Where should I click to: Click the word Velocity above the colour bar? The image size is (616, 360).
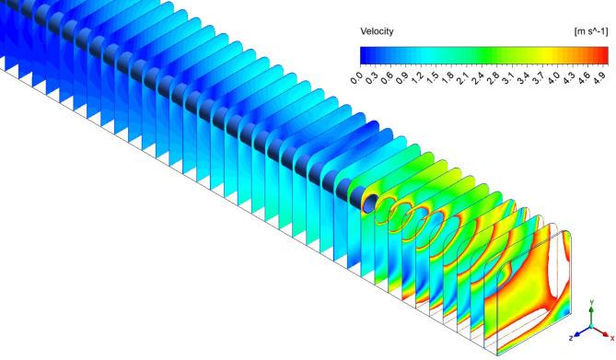(377, 31)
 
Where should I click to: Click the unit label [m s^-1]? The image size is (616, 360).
(591, 31)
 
